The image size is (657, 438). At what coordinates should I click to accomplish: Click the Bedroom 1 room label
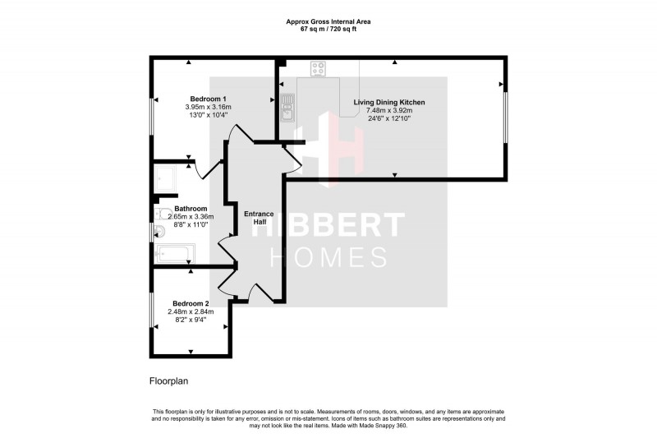(208, 98)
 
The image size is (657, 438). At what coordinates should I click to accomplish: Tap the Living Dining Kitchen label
(389, 102)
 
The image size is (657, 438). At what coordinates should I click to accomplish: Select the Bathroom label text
(191, 209)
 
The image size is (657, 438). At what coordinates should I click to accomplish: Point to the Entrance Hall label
(260, 219)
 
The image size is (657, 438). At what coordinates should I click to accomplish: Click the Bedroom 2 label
(191, 303)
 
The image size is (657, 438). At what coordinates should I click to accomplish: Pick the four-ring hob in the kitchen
(319, 70)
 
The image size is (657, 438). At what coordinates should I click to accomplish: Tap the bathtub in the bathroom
(175, 254)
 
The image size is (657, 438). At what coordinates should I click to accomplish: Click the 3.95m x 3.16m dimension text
(208, 107)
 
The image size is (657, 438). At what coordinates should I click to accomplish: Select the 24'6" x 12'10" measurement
(389, 119)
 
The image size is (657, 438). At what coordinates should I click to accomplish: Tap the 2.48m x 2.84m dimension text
(191, 311)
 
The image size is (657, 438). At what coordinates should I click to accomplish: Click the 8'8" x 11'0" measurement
(191, 225)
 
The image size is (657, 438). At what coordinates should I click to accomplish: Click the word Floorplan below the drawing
(169, 380)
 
